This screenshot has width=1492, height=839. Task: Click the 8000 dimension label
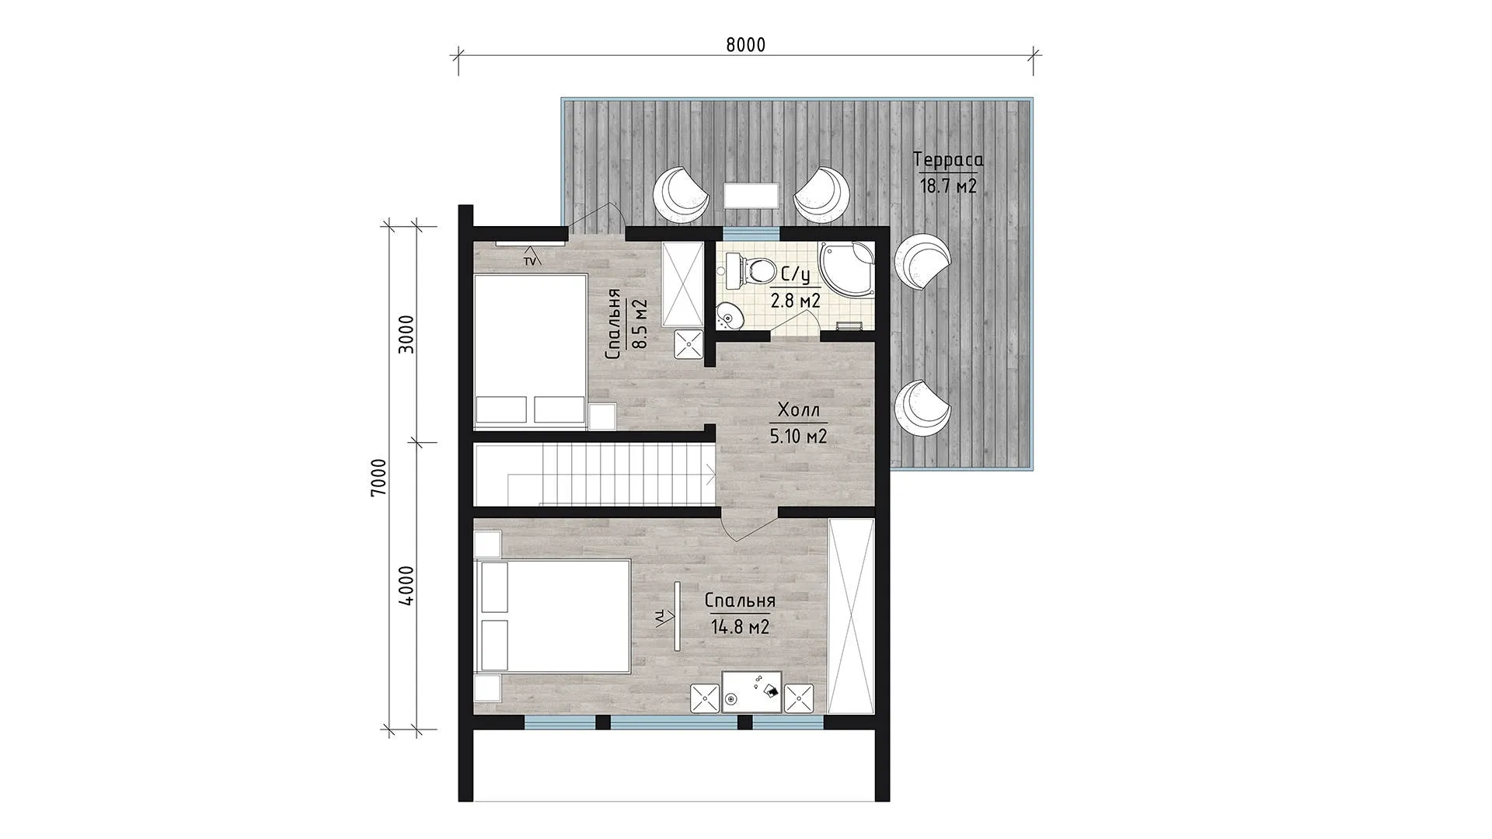coord(745,45)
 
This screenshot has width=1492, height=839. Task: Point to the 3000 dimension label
coord(406,334)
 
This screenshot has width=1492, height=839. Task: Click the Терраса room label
coord(949,160)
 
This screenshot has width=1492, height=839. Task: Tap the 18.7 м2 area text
coord(948,186)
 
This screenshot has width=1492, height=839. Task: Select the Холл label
coord(798,410)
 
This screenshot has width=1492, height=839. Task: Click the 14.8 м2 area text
coord(740,627)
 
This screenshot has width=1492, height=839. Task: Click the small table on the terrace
coord(751,196)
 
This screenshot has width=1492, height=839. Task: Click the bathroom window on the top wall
coord(751,232)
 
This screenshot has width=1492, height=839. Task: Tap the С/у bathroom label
coord(795,275)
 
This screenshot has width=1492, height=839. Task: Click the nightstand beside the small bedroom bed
coord(602,416)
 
